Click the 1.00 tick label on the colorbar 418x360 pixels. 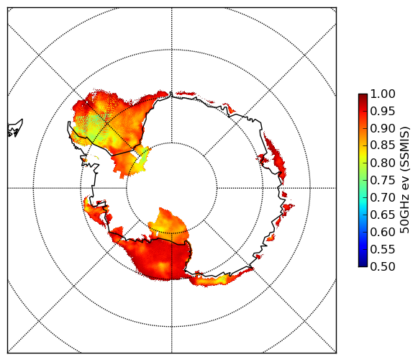pos(383,94)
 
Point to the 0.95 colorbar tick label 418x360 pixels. pos(383,112)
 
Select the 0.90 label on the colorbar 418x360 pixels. pos(383,128)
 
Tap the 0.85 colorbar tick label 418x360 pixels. pos(383,145)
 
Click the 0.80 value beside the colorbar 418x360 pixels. pos(383,163)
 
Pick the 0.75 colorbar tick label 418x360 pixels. pos(383,180)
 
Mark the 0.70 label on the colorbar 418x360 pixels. pos(383,197)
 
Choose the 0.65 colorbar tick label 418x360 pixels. pos(383,215)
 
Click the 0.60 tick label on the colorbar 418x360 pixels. pos(383,232)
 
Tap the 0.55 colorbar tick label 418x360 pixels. pos(383,249)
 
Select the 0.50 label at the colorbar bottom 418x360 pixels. pos(383,266)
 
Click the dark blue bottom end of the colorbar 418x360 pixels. pos(363,263)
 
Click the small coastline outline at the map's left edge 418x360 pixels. pos(14,129)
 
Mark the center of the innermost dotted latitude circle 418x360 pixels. pos(172,188)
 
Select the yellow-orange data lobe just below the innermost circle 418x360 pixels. pos(168,225)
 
